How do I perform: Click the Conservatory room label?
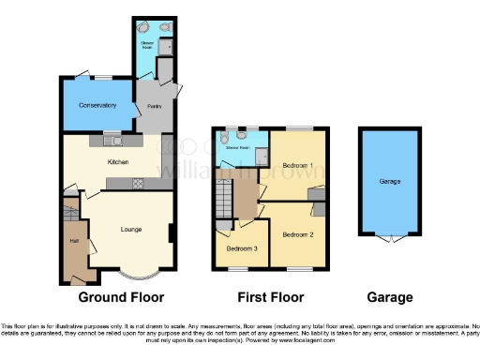tap(97, 105)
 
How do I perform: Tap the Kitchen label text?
tap(118, 162)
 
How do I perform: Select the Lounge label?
tap(131, 228)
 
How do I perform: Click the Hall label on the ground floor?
tap(72, 241)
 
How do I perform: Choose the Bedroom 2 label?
tap(297, 233)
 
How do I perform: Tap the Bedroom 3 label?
tap(243, 247)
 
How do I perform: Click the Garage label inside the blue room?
tap(389, 180)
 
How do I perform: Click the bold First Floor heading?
tap(270, 298)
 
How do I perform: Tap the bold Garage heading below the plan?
tap(389, 298)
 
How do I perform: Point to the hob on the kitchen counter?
tap(137, 183)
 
